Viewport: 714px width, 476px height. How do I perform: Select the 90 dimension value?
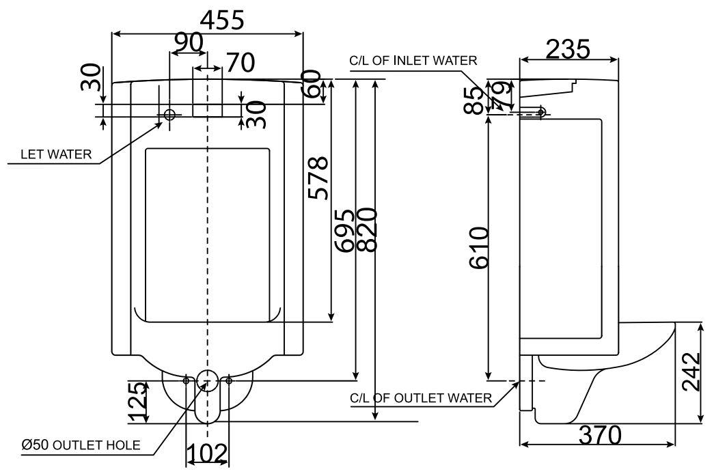click(187, 43)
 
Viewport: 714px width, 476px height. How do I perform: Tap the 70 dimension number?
click(240, 63)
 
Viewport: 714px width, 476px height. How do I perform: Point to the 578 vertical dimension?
click(318, 178)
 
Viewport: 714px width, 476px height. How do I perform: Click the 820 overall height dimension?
click(368, 230)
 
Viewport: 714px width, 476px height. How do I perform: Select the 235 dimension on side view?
click(568, 49)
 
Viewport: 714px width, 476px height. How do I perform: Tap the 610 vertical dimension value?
click(478, 247)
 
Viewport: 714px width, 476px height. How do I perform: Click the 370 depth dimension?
click(599, 435)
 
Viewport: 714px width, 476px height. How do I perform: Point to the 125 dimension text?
click(137, 402)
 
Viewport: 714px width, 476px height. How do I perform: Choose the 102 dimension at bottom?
click(208, 453)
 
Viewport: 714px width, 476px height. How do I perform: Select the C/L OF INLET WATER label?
click(413, 61)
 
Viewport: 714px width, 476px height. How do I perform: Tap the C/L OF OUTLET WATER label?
click(420, 398)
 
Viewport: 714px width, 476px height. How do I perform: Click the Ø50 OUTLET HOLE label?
click(81, 445)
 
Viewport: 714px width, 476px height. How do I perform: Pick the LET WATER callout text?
click(55, 154)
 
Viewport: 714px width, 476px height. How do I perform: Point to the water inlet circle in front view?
click(169, 115)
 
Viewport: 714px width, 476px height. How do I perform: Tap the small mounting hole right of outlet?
click(229, 380)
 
